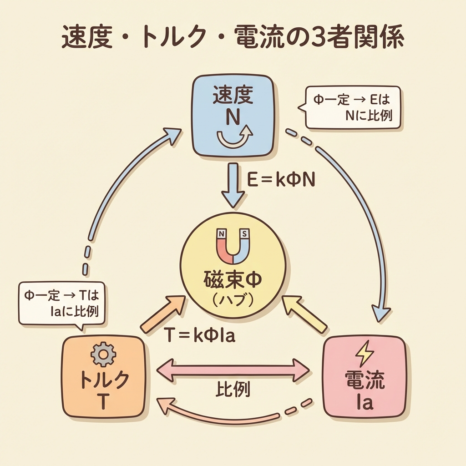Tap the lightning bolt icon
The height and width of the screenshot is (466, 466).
click(364, 354)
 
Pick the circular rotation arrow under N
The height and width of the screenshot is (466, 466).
click(233, 137)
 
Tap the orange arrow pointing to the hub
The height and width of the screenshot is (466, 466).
click(162, 314)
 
